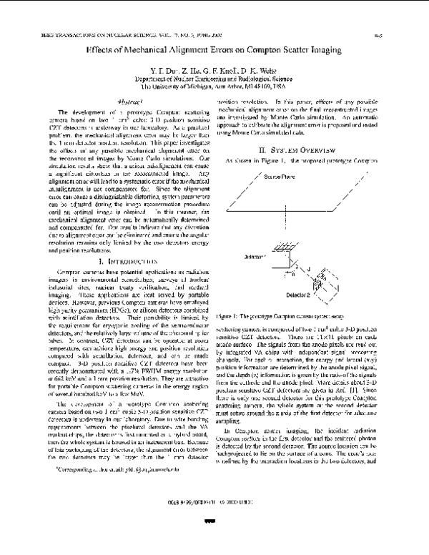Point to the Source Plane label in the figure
pyautogui.click(x=258, y=175)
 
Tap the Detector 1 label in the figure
pyautogui.click(x=236, y=255)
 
